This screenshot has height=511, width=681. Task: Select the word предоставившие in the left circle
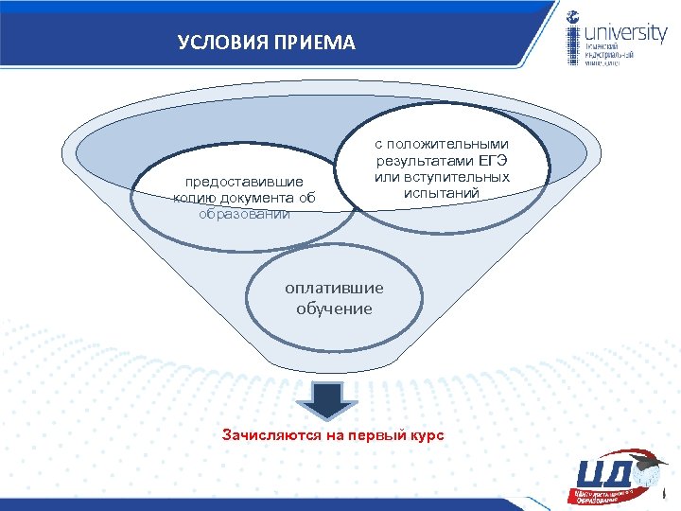(x=244, y=182)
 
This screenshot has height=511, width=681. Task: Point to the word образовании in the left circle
(x=244, y=214)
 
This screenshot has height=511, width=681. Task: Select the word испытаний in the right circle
(x=442, y=194)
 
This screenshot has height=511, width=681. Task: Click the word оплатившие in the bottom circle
(x=334, y=289)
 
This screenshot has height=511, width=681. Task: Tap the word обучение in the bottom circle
(x=334, y=308)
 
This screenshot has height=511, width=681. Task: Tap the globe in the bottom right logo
(x=648, y=476)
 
